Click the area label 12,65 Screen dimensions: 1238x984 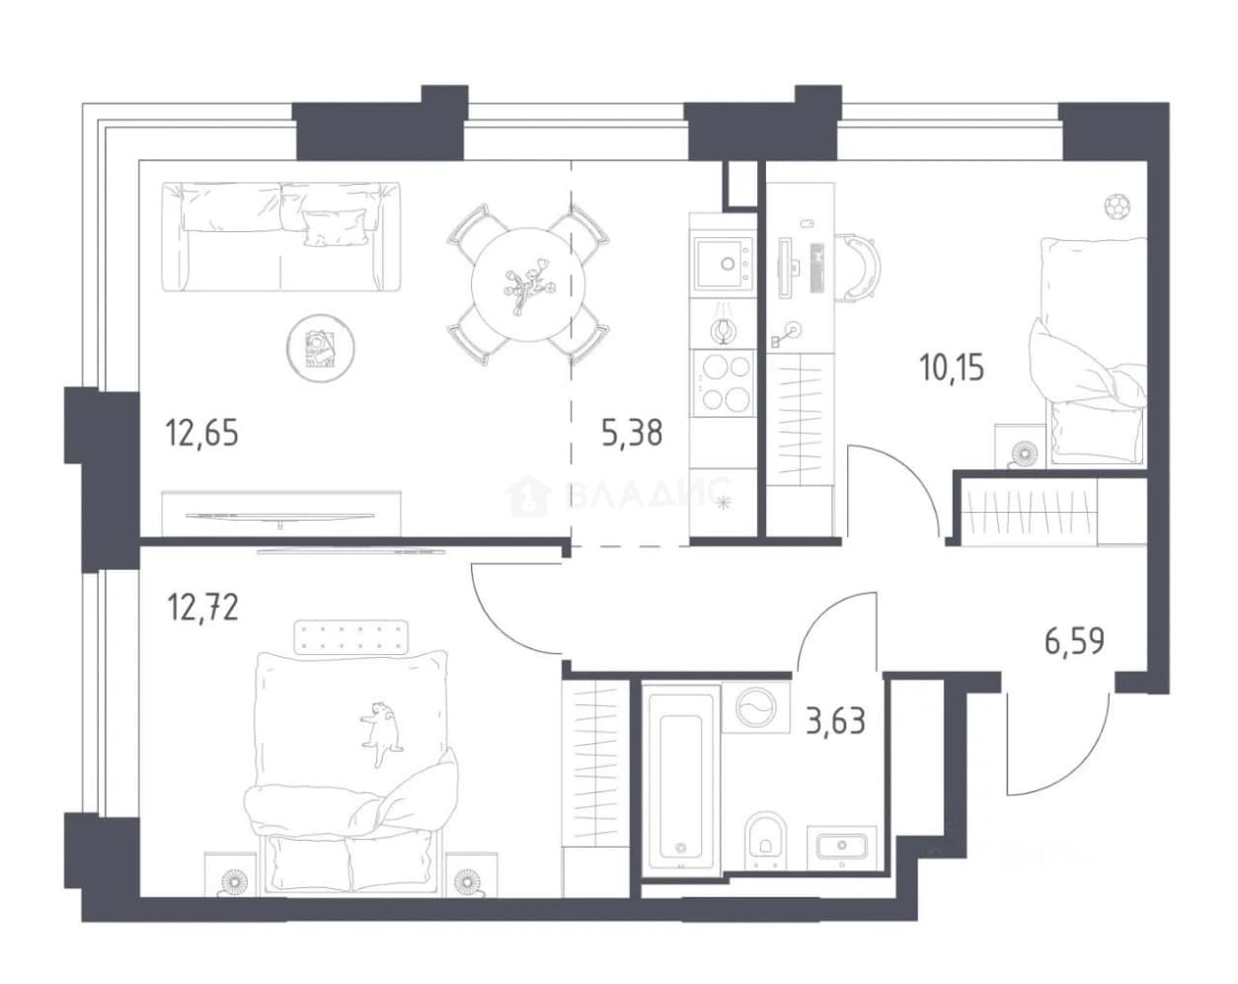point(201,433)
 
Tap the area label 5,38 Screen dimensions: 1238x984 point(632,433)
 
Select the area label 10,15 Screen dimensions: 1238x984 point(952,368)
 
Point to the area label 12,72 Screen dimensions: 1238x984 point(202,607)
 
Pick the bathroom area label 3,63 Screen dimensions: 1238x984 point(835,721)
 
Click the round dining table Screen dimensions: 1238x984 point(528,285)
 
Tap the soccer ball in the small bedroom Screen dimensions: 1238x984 point(1118,206)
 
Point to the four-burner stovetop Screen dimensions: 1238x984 point(724,382)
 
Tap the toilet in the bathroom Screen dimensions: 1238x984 point(764,842)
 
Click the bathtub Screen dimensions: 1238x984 point(680,781)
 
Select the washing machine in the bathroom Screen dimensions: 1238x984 point(755,707)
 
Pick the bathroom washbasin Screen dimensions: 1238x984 point(842,847)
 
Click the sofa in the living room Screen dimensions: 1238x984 point(280,237)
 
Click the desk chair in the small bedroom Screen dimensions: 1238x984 point(857,267)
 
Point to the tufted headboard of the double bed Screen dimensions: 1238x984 point(350,637)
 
